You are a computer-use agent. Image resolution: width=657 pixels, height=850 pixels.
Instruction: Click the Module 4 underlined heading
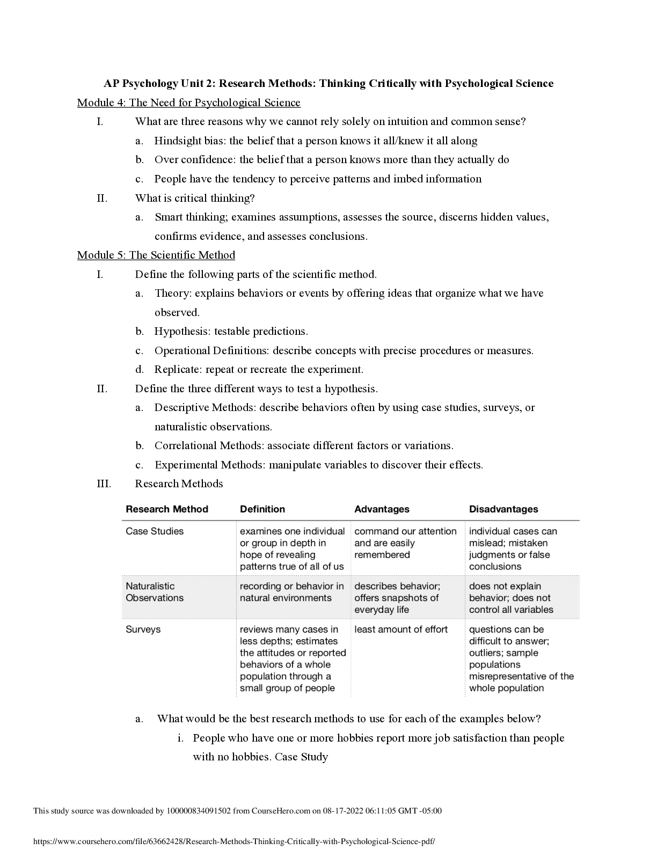pyautogui.click(x=188, y=102)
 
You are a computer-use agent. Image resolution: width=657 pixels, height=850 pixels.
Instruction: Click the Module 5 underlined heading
pyautogui.click(x=156, y=255)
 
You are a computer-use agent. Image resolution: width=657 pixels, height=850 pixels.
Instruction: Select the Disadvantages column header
pyautogui.click(x=503, y=509)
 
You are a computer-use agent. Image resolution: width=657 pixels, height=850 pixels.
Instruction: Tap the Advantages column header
pyautogui.click(x=382, y=509)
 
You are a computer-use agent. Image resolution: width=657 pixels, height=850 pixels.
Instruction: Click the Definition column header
pyautogui.click(x=262, y=509)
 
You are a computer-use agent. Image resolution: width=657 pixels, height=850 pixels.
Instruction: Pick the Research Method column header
pyautogui.click(x=166, y=509)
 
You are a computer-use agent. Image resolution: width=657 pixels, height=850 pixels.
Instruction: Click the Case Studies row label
pyautogui.click(x=155, y=531)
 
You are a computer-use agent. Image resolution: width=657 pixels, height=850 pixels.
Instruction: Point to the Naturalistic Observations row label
pyautogui.click(x=155, y=592)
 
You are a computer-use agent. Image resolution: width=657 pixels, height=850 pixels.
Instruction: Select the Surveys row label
pyautogui.click(x=143, y=629)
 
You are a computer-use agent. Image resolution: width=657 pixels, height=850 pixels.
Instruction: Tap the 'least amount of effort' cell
pyautogui.click(x=401, y=629)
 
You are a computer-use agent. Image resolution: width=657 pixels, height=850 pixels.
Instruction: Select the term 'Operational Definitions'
pyautogui.click(x=211, y=351)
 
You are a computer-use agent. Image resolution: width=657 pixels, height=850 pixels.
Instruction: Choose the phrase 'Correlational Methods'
pyautogui.click(x=209, y=446)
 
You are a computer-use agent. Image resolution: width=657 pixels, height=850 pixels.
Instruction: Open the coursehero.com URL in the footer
pyautogui.click(x=234, y=841)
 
